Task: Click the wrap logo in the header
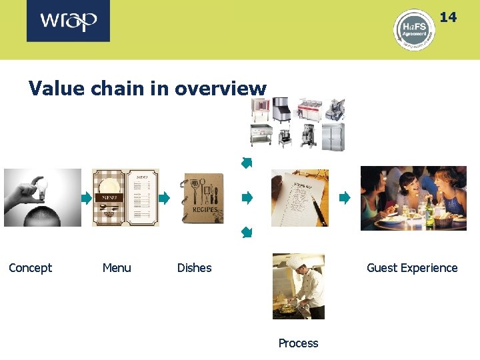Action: pyautogui.click(x=68, y=21)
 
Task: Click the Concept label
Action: pyautogui.click(x=30, y=268)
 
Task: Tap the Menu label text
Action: pyautogui.click(x=117, y=268)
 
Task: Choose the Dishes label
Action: pyautogui.click(x=194, y=268)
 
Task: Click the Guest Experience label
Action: pyautogui.click(x=412, y=268)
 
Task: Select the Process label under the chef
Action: pyautogui.click(x=298, y=343)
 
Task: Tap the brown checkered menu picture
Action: pyautogui.click(x=125, y=197)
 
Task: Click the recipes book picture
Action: pyautogui.click(x=203, y=198)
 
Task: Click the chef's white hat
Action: pyautogui.click(x=295, y=261)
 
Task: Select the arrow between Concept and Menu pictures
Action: pyautogui.click(x=86, y=198)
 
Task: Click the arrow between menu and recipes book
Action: pyautogui.click(x=164, y=198)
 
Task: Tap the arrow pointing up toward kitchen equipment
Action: pyautogui.click(x=247, y=162)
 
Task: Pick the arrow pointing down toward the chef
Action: pyautogui.click(x=247, y=232)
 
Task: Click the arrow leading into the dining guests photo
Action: pyautogui.click(x=344, y=198)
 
